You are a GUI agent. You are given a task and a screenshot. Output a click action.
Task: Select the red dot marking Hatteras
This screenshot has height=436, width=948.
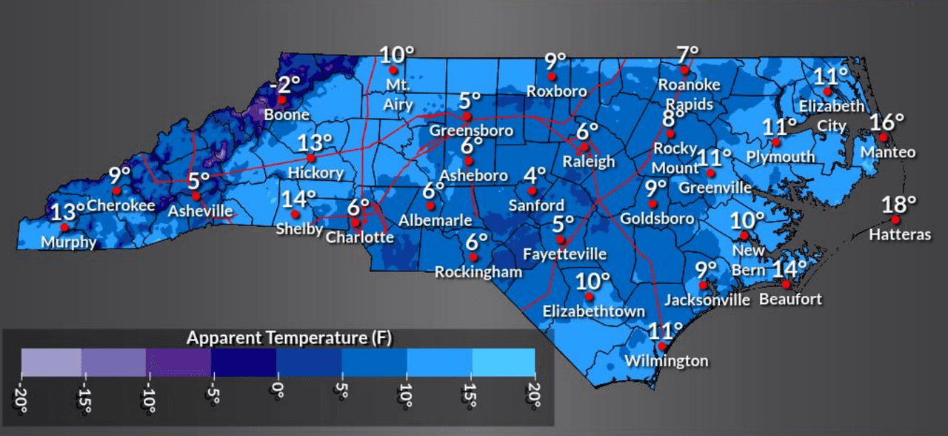click(x=895, y=219)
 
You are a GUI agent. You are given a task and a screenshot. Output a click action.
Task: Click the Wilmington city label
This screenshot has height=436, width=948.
click(x=667, y=361)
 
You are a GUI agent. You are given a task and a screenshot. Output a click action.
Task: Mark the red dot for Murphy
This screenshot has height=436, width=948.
click(x=64, y=227)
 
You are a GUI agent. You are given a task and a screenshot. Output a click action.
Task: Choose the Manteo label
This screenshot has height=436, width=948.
click(x=888, y=153)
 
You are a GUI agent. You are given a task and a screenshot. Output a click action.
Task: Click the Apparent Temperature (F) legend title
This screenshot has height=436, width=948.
click(x=290, y=338)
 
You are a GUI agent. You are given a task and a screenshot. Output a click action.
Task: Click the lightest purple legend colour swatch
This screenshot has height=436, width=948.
click(x=51, y=361)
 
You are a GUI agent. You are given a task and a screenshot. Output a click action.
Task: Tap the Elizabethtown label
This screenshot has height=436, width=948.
click(x=594, y=311)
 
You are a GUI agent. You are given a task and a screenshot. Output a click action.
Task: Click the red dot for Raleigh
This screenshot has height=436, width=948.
click(x=584, y=146)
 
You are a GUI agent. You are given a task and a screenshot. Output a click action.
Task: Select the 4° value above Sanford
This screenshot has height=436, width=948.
click(x=535, y=176)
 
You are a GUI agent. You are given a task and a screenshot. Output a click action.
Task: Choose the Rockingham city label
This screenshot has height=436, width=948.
click(x=478, y=272)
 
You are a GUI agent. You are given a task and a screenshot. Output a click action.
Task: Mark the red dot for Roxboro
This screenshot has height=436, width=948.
click(x=551, y=76)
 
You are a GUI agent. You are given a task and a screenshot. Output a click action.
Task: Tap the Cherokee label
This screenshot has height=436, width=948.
click(x=121, y=205)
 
